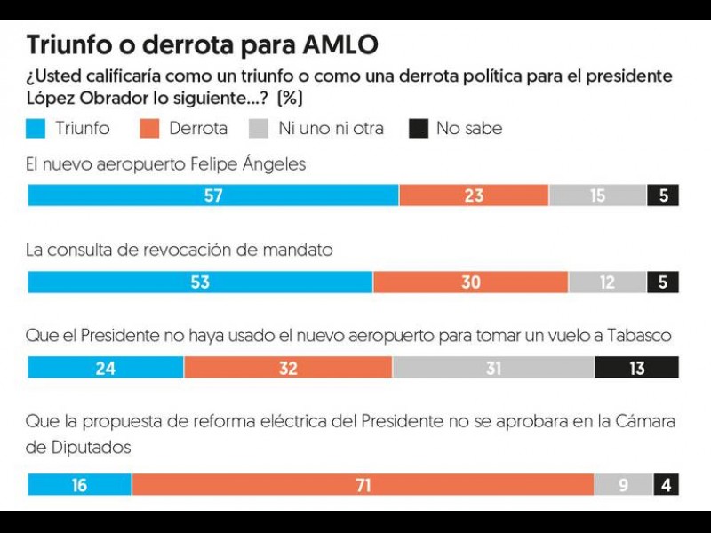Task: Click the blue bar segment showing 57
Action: click(213, 195)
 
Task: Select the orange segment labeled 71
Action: click(363, 485)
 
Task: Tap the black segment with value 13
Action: click(636, 368)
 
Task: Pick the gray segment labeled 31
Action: click(493, 368)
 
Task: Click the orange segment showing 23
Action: click(474, 195)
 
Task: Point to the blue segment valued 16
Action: click(80, 485)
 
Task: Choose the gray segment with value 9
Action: click(623, 485)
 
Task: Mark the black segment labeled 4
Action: click(666, 485)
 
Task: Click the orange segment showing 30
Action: click(470, 282)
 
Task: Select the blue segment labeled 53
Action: click(200, 282)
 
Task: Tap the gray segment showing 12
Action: click(607, 282)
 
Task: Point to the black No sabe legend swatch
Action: click(419, 129)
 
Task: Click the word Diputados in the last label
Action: click(79, 447)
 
